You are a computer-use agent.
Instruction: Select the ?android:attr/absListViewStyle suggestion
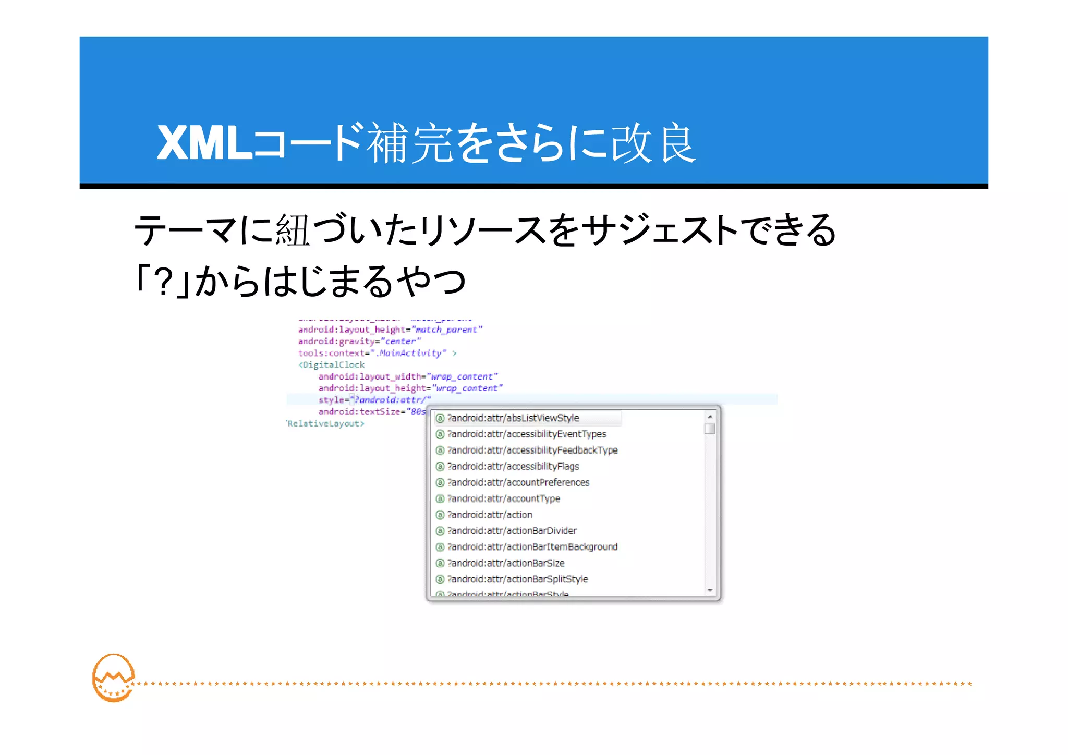(513, 418)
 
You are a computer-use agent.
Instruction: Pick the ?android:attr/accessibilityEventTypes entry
(526, 434)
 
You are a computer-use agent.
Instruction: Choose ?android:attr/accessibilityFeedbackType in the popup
(532, 450)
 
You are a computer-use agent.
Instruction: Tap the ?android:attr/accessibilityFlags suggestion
(513, 467)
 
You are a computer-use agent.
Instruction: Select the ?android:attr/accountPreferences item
(518, 483)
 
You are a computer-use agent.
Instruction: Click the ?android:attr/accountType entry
(503, 499)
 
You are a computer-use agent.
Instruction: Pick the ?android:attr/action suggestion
(490, 515)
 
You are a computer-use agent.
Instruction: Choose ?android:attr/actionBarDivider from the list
(512, 531)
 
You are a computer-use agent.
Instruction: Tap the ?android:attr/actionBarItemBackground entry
(532, 547)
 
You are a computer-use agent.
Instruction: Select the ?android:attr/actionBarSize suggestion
(506, 563)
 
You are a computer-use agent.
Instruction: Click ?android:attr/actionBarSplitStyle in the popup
(517, 579)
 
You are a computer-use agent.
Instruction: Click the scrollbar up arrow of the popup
(710, 417)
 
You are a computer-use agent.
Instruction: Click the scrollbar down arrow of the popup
(710, 590)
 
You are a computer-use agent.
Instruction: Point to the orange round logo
(113, 678)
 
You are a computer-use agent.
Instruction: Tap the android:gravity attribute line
(359, 342)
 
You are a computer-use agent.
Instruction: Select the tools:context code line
(372, 354)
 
